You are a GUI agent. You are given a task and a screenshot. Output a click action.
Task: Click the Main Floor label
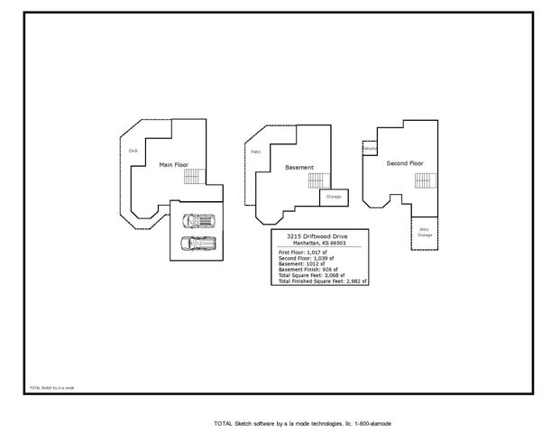click(173, 165)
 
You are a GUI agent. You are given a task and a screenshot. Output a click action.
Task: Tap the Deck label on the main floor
click(133, 151)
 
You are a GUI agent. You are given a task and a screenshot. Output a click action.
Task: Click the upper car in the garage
click(197, 220)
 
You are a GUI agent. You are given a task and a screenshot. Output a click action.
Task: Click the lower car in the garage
click(197, 243)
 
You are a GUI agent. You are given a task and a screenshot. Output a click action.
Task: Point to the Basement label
click(298, 168)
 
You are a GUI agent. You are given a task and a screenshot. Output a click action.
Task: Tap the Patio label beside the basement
click(255, 152)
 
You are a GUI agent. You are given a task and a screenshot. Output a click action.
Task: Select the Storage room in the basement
click(333, 196)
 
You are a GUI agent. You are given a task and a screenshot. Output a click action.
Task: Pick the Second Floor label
click(404, 163)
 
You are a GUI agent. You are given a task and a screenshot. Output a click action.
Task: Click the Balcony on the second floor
click(370, 148)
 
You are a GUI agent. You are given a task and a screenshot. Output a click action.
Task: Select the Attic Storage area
click(424, 232)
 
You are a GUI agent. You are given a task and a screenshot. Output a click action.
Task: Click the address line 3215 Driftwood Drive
click(322, 235)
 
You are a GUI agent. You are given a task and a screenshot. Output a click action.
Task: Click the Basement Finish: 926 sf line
click(308, 270)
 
